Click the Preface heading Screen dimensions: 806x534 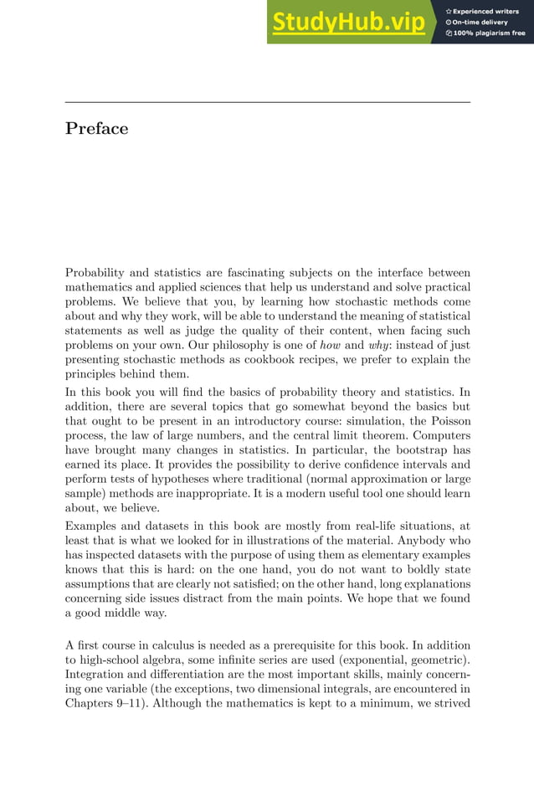(96, 129)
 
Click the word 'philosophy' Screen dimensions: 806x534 (240, 344)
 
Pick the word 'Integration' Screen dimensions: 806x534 (97, 674)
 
